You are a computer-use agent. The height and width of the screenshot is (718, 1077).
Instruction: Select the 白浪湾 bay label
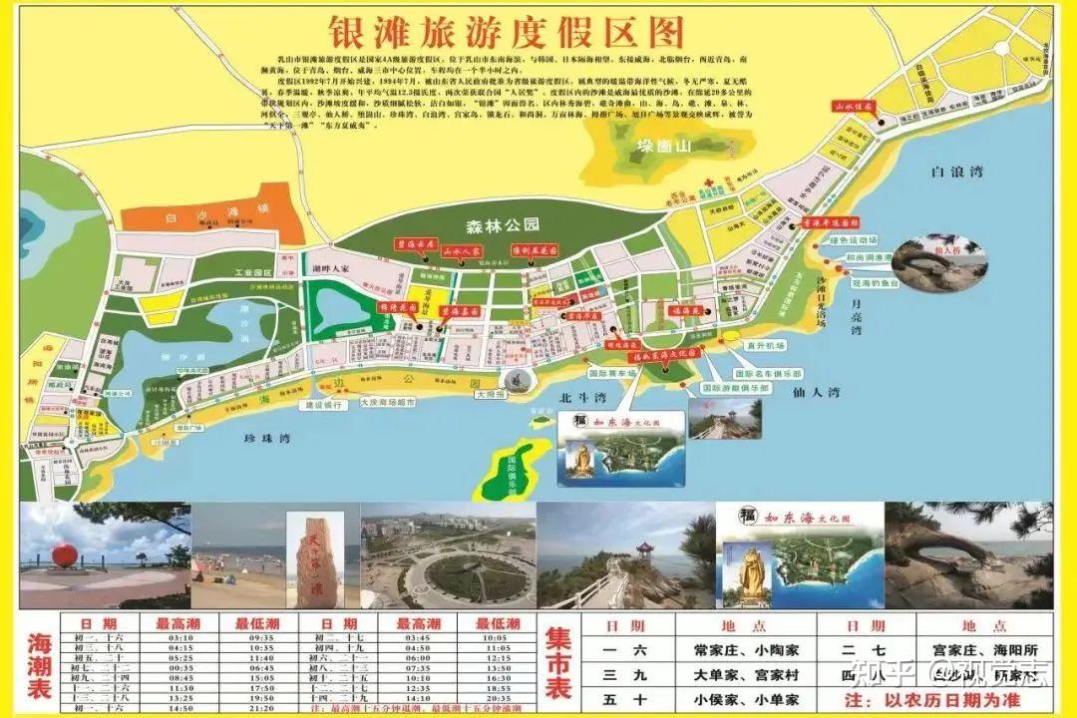[956, 172]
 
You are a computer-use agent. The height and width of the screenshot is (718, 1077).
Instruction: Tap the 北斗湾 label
[576, 398]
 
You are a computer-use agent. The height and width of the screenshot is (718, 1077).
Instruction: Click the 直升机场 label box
[766, 344]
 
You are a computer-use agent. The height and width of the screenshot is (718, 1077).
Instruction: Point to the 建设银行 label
[323, 405]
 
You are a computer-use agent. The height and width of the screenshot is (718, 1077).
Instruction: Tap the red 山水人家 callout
[462, 252]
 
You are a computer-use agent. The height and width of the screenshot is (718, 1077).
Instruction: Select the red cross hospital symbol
[708, 181]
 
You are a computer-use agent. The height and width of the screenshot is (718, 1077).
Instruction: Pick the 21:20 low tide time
[261, 707]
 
